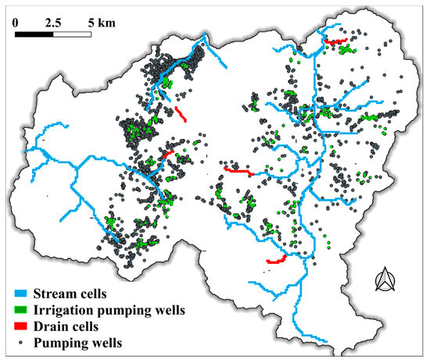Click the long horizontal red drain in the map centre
(x=238, y=170)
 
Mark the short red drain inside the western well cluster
(x=168, y=155)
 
